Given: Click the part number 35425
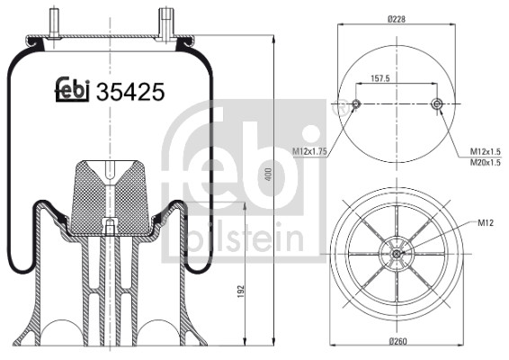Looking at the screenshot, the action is (130, 92).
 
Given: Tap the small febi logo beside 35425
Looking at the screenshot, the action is (72, 89).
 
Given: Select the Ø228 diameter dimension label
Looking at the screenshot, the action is (397, 19).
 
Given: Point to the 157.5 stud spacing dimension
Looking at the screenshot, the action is (380, 78).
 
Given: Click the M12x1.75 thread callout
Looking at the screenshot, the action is (309, 151).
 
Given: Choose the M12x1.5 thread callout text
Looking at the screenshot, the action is (486, 151).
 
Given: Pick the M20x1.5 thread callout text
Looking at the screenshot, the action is (486, 162).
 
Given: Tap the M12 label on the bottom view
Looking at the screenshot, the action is (486, 222).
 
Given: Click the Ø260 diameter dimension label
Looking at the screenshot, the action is (397, 341).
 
